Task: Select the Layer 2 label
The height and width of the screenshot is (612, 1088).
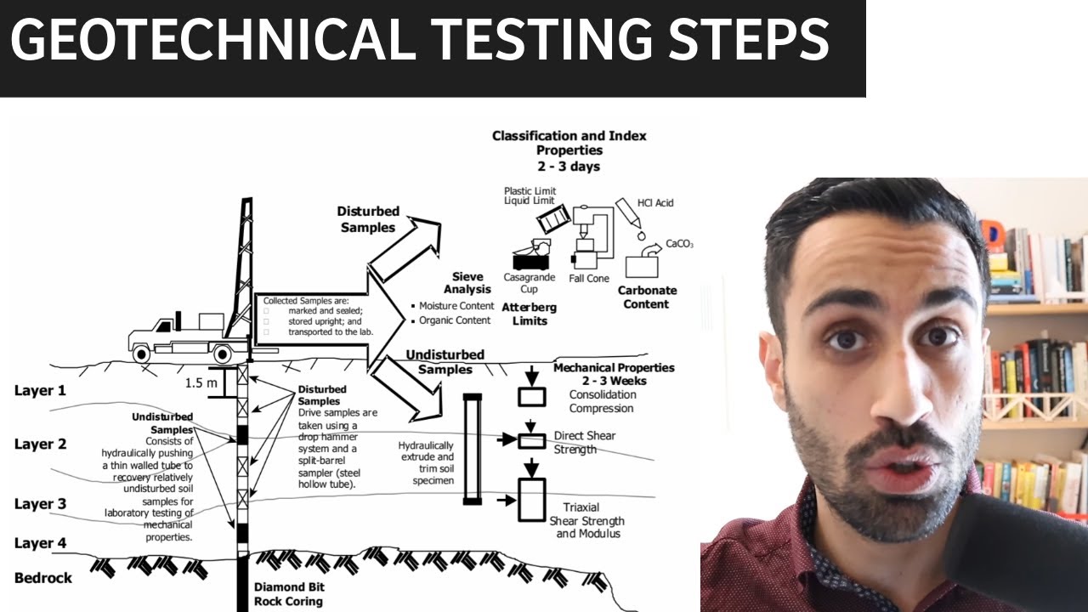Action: tap(40, 445)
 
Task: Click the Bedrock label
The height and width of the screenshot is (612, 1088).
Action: tap(43, 578)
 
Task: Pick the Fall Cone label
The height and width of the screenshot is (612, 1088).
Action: tap(589, 279)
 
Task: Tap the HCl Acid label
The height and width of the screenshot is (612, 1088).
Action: tap(654, 203)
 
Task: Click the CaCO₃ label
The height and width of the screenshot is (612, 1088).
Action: tap(679, 244)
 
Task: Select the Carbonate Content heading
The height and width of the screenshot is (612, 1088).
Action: tap(647, 297)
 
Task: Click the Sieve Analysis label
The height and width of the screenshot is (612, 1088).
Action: tap(467, 283)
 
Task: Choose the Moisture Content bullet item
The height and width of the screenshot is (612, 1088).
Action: tap(456, 305)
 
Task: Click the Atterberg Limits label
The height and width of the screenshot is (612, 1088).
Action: tap(530, 314)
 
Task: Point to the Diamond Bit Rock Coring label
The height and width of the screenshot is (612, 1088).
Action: tap(289, 594)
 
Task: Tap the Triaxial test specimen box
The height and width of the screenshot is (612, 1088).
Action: tap(531, 500)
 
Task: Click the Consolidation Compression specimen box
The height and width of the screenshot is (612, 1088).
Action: tap(531, 396)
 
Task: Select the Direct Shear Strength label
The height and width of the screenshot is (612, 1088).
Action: tap(584, 442)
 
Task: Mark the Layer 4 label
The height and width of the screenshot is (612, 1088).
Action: tap(40, 544)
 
